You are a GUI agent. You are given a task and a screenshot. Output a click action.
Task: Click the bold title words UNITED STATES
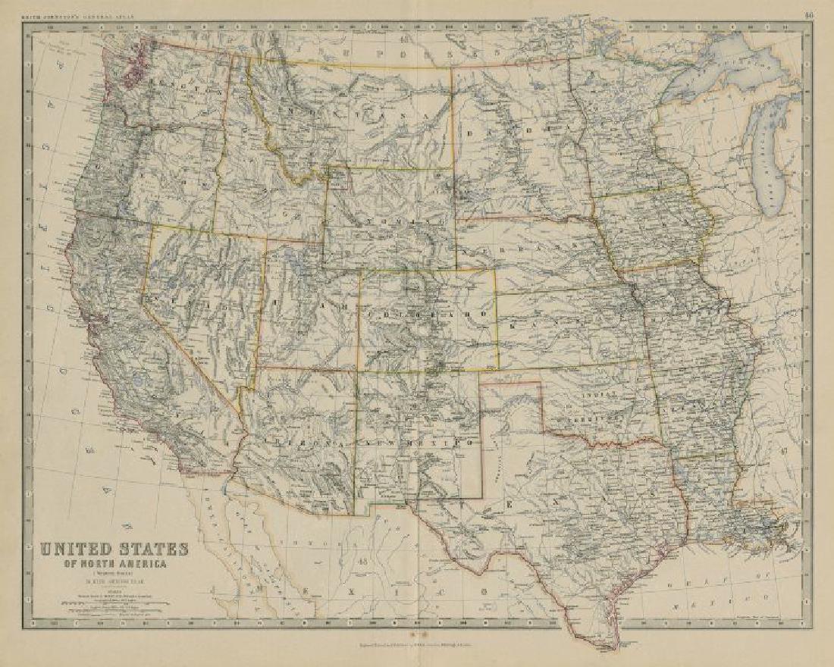tap(114, 548)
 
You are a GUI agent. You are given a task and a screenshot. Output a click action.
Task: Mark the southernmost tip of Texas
tap(603, 645)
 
